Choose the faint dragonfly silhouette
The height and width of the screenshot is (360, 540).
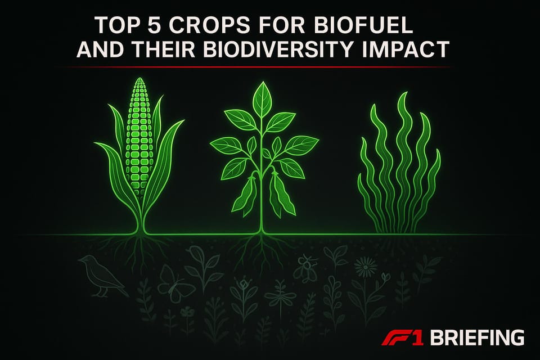pos(280,293)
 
